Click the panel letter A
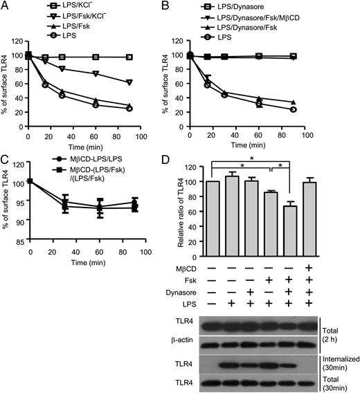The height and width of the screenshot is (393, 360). pyautogui.click(x=6, y=6)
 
